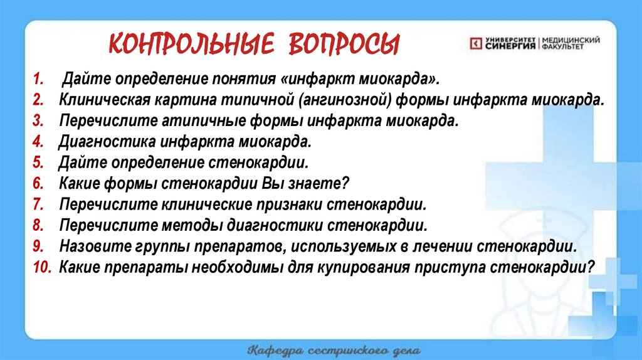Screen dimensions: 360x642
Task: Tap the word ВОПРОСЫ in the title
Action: pos(343,45)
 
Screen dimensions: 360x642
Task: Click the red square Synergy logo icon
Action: pos(475,43)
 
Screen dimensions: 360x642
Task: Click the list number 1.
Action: pos(38,80)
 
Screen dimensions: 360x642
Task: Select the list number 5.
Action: pos(38,163)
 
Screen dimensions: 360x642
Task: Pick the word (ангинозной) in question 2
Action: pos(339,100)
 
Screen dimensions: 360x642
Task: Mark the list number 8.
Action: pos(38,225)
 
